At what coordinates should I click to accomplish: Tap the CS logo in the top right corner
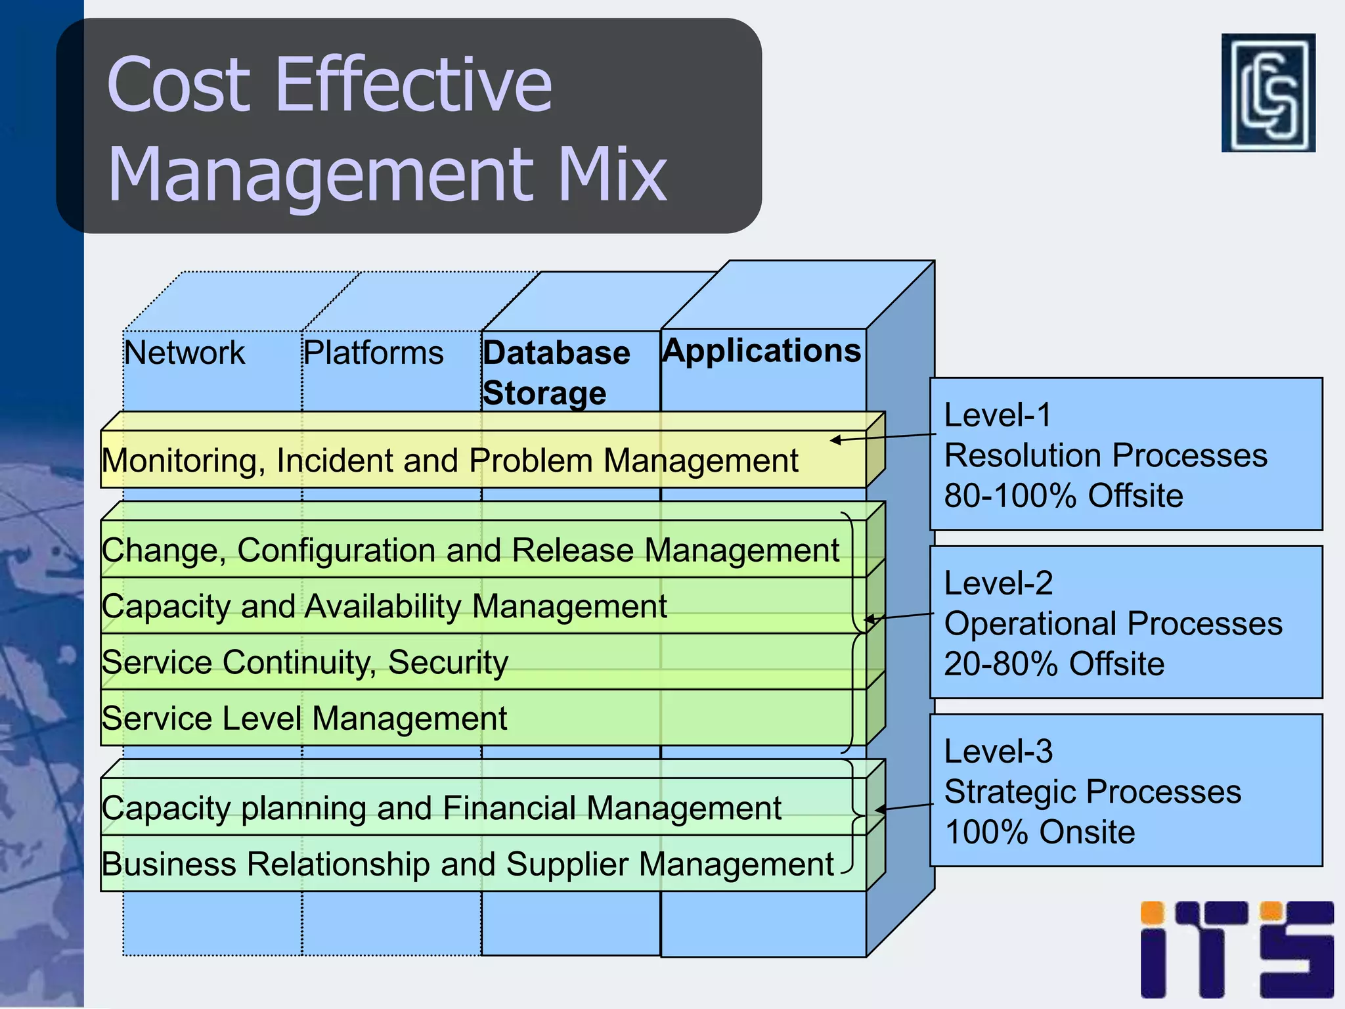[x=1268, y=93]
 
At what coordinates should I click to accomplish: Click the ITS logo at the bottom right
[x=1237, y=949]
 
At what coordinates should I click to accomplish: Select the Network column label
[x=185, y=353]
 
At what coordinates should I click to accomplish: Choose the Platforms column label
[x=373, y=353]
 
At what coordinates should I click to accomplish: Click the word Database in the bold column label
[x=556, y=353]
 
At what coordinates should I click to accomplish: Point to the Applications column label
[x=761, y=350]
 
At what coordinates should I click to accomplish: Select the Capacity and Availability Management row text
[x=384, y=606]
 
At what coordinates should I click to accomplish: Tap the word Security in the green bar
[x=448, y=662]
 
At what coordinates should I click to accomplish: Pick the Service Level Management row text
[x=304, y=718]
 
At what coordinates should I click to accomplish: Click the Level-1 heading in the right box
[x=998, y=415]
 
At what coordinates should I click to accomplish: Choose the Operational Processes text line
[x=1113, y=623]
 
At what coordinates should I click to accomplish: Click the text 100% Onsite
[x=1039, y=832]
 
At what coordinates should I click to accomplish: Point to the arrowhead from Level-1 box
[x=835, y=440]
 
